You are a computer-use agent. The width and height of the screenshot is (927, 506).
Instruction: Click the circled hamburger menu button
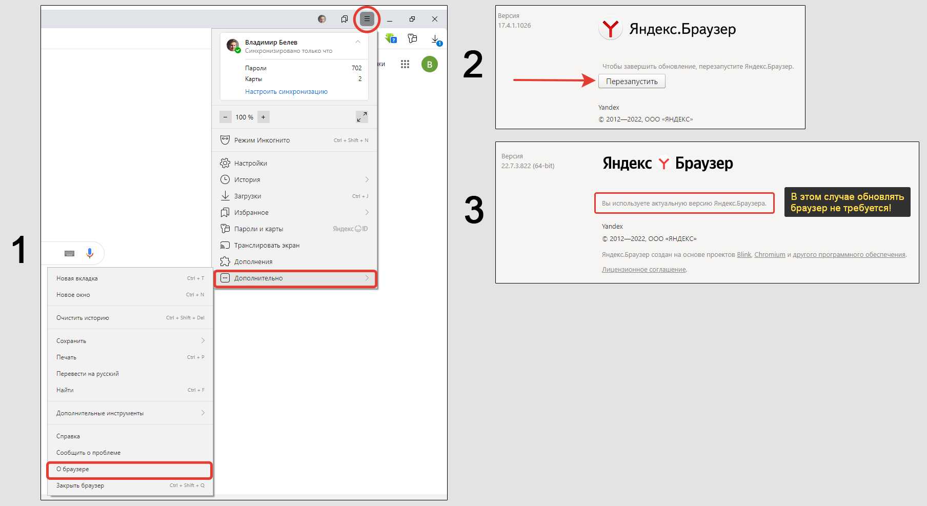[x=367, y=19]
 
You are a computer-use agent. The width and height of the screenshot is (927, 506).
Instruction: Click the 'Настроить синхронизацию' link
[x=286, y=92]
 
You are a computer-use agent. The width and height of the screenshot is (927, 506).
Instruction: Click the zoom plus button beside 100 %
[x=263, y=117]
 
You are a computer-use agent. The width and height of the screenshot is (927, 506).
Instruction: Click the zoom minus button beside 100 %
[x=226, y=117]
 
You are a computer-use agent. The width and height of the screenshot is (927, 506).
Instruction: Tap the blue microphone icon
[x=90, y=253]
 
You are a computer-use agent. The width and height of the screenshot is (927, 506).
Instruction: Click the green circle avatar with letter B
[x=430, y=65]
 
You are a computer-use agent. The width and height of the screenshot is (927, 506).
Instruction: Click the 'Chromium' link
[x=770, y=255]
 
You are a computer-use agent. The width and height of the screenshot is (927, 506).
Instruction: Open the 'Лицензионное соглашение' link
[x=643, y=270]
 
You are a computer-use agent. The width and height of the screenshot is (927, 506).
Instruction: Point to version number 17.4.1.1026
[x=514, y=26]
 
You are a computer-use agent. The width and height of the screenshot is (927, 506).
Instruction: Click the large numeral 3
[x=474, y=210]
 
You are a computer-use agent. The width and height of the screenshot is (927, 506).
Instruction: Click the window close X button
[x=435, y=19]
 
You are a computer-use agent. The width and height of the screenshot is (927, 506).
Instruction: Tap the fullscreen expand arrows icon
[x=362, y=117]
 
